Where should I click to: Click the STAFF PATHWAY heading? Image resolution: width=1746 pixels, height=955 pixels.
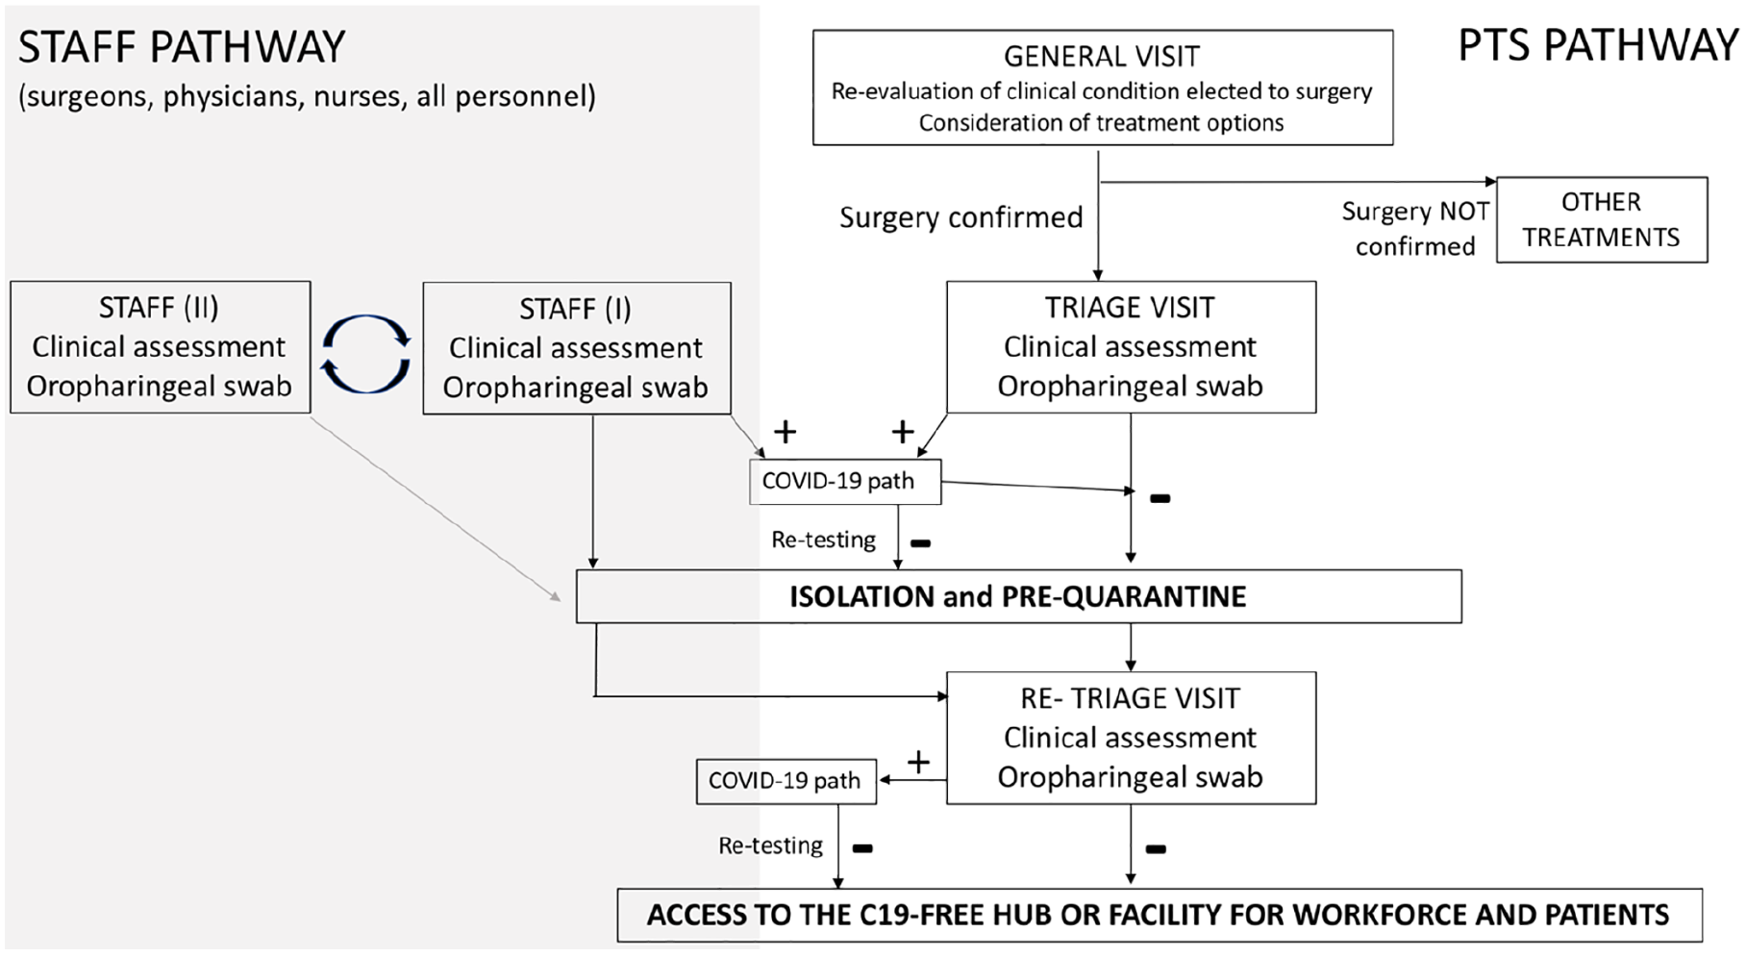tap(182, 47)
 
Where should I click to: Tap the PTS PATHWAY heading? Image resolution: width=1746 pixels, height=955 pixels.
tap(1598, 45)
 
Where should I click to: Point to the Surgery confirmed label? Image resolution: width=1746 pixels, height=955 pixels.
tap(961, 218)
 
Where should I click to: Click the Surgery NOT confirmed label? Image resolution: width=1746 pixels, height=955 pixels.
tap(1415, 229)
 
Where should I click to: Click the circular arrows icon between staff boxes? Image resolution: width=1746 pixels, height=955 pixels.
tap(366, 354)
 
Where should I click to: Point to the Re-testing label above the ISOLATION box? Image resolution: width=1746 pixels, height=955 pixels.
tap(823, 540)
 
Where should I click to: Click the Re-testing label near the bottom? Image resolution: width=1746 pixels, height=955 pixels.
tap(770, 846)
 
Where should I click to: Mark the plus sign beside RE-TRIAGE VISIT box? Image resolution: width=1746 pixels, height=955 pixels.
tap(918, 763)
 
